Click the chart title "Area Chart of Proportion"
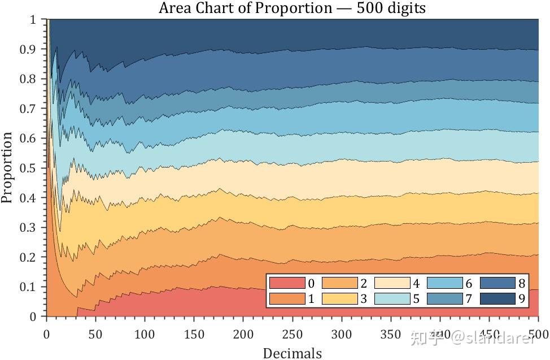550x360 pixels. [x=291, y=8]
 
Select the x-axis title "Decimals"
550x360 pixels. [x=292, y=353]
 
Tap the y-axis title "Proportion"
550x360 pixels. [x=7, y=167]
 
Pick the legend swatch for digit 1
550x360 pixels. [x=287, y=299]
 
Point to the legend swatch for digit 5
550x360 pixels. [x=392, y=299]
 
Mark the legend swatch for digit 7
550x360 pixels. [x=445, y=299]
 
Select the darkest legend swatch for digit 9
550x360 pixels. [x=497, y=299]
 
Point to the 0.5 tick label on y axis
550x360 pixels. [x=28, y=168]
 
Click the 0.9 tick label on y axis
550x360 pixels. [x=28, y=50]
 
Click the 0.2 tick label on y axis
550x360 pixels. [x=28, y=258]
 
